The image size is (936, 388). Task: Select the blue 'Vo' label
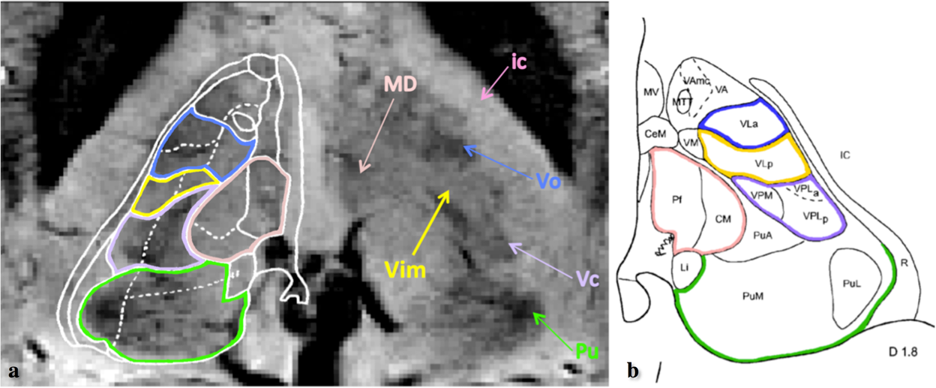pos(550,182)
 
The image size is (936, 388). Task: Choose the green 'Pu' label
pos(586,350)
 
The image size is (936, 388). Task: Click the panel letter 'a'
pos(13,371)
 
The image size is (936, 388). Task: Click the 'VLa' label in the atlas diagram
pos(744,126)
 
